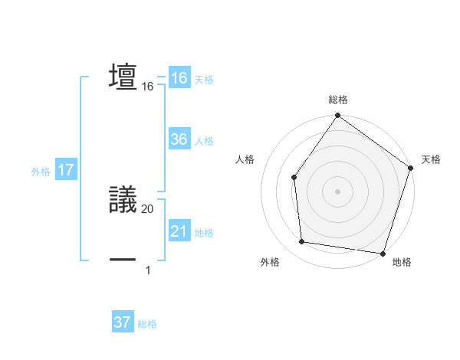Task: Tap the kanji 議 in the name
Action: coord(123,199)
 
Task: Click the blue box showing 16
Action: coord(179,78)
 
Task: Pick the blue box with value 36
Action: coord(179,139)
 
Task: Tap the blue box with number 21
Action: coord(179,231)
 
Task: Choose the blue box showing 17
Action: coord(65,170)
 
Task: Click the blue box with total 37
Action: coord(122,322)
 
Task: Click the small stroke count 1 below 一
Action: coord(147,270)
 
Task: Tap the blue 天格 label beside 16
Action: coord(204,80)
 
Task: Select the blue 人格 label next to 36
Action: coord(204,141)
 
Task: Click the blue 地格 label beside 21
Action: coord(204,233)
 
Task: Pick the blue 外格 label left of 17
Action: coord(41,172)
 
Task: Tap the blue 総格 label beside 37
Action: coord(147,324)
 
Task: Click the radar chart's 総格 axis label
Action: coord(338,100)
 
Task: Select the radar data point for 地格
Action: coord(383,252)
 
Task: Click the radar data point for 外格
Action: coord(302,242)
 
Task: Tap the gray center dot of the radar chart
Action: coord(338,191)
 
